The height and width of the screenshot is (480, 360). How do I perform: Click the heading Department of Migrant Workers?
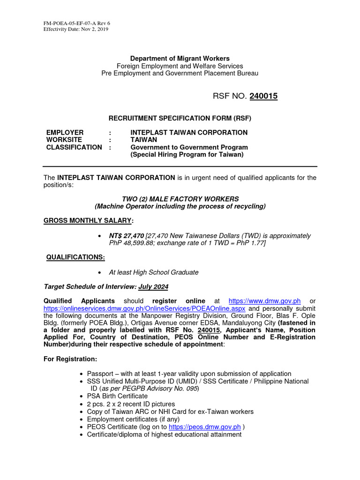click(180, 59)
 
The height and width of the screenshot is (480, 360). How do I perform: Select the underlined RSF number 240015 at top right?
click(263, 96)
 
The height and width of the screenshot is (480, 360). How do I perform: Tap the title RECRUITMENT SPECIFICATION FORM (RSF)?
click(180, 118)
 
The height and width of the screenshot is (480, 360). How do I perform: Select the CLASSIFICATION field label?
click(74, 147)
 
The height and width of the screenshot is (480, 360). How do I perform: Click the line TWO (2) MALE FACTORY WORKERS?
click(180, 199)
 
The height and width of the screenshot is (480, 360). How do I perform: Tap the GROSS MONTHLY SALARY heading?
click(88, 220)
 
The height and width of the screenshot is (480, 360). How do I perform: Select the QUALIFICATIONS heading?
click(75, 257)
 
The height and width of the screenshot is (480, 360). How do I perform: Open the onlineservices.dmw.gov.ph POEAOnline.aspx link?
click(145, 308)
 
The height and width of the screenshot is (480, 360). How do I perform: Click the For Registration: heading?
click(70, 359)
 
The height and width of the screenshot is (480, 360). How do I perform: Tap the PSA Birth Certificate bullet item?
click(117, 396)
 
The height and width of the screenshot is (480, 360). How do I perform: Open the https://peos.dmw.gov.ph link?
click(204, 427)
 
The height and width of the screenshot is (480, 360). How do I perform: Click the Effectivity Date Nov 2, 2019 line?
click(75, 29)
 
